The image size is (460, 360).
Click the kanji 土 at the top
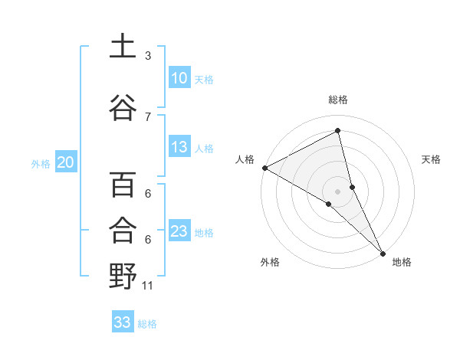123,46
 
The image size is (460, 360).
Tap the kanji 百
123,185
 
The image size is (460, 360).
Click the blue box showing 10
179,78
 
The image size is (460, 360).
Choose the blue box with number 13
179,147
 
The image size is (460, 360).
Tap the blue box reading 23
179,231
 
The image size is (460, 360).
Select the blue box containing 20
66,162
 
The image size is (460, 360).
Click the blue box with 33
123,322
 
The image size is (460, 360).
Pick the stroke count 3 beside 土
148,55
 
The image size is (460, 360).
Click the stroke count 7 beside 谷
148,116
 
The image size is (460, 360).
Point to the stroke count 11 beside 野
148,286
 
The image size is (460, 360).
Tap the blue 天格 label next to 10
204,79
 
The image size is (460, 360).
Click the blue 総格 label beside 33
147,324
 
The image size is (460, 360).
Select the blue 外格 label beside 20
41,163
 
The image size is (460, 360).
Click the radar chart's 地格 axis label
402,262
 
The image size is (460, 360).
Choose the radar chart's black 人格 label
245,159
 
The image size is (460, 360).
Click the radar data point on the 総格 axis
337,131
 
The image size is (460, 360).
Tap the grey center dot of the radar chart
337,190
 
